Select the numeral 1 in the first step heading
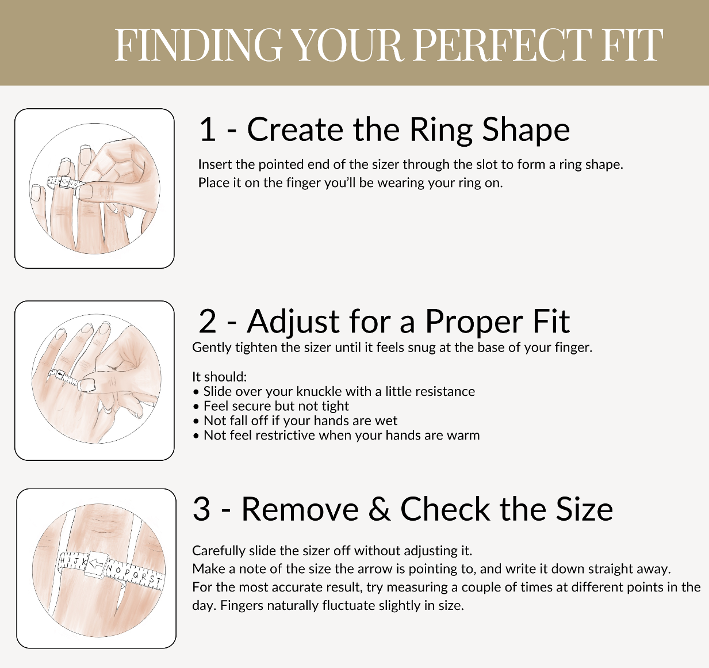pyautogui.click(x=207, y=129)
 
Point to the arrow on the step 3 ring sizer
pyautogui.click(x=95, y=563)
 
